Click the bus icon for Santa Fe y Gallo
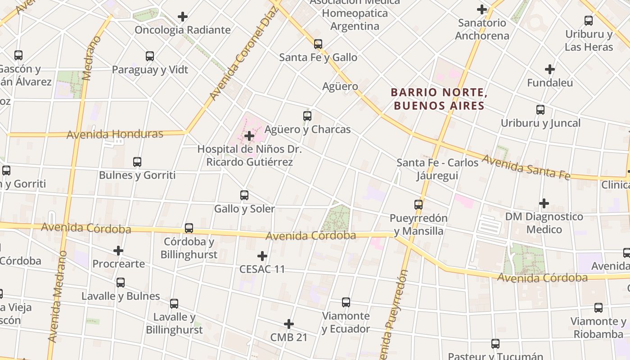(x=318, y=44)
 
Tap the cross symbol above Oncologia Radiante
(x=182, y=17)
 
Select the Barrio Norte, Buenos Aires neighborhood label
(x=439, y=99)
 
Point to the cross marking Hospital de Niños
(x=249, y=135)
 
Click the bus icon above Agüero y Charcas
(x=307, y=116)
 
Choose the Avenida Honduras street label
(x=115, y=134)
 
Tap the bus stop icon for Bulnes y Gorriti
(x=137, y=162)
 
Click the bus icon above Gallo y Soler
(x=244, y=195)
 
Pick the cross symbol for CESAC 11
(x=262, y=256)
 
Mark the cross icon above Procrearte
(x=118, y=250)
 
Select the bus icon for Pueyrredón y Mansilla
(x=418, y=205)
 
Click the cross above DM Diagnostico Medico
(x=544, y=203)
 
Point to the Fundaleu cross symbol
(x=549, y=69)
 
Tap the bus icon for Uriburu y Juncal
(x=540, y=110)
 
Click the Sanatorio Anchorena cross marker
(x=482, y=9)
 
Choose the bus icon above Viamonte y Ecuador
(x=346, y=302)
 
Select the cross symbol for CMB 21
(x=289, y=324)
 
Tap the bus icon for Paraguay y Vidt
(x=150, y=56)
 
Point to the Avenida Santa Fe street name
(x=526, y=167)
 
